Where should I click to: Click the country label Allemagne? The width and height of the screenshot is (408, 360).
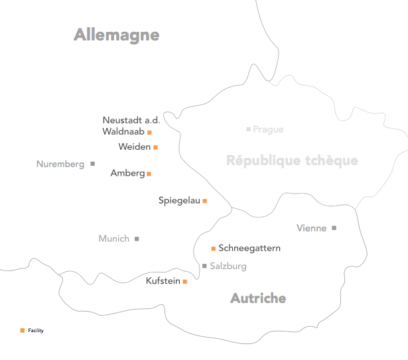coord(117,35)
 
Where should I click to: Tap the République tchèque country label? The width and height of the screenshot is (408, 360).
coord(292,160)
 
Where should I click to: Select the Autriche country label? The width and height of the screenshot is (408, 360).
coord(258,298)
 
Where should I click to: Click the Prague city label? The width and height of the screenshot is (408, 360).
coord(268,129)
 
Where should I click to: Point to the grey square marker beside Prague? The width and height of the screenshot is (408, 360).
coord(248,129)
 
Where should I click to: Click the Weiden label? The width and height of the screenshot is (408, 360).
coord(135,147)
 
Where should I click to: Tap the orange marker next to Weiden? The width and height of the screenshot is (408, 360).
coord(155,147)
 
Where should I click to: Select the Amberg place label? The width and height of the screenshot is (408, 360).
coord(127,173)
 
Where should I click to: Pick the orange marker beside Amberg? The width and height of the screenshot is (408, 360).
coord(149,174)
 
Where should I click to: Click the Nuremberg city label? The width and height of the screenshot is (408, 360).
coord(60,164)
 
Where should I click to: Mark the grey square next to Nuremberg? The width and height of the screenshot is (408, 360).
coord(92,163)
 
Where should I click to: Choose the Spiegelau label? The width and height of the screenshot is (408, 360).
coord(179,200)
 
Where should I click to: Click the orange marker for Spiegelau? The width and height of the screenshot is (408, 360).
coord(204,200)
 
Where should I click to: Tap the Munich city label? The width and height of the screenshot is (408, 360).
coord(113,239)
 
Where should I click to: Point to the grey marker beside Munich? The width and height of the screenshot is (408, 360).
coord(137,239)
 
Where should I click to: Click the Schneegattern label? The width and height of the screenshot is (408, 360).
coord(249,248)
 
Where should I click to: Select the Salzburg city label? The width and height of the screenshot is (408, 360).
coord(228,266)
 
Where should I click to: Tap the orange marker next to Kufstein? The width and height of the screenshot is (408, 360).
coord(184,282)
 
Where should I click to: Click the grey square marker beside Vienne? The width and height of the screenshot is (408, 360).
coord(334,228)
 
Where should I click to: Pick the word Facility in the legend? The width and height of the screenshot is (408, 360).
coord(36,330)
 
